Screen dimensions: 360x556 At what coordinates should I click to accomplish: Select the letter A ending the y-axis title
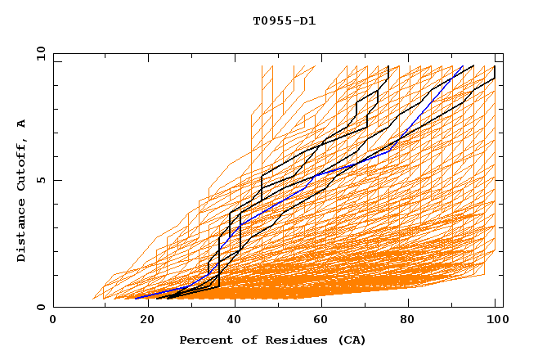tap(21, 124)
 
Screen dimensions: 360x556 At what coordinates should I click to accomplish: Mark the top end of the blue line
tap(463, 66)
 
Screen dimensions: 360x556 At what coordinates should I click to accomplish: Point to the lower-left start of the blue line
tap(136, 298)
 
